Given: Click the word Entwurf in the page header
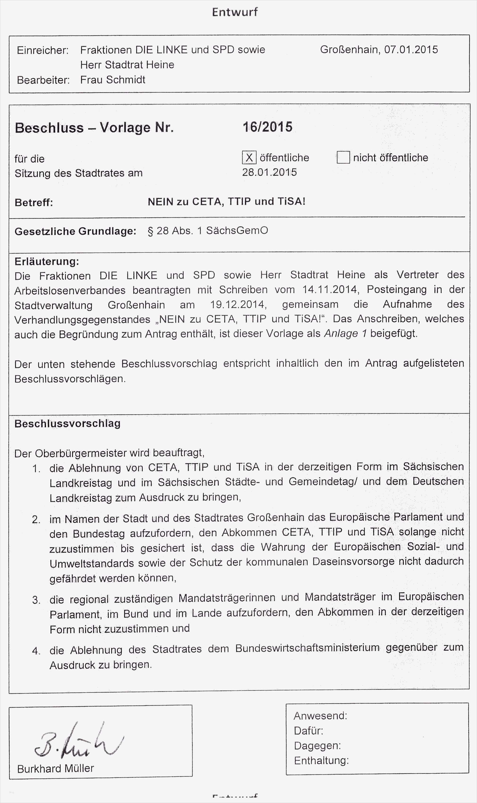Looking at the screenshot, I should (235, 12).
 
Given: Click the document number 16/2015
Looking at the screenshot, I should (267, 127).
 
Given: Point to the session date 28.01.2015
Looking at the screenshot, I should (269, 172).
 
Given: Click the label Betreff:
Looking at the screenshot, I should (34, 203).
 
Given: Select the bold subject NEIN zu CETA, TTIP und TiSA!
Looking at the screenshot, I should (226, 202).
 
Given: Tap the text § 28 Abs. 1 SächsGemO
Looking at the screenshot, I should (208, 231).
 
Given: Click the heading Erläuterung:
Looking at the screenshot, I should (47, 261).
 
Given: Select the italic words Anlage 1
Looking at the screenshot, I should (345, 334).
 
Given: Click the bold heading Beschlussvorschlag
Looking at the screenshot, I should (68, 423).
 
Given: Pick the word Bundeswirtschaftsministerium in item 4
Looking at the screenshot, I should (307, 648).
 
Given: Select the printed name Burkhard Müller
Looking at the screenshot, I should (56, 768).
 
